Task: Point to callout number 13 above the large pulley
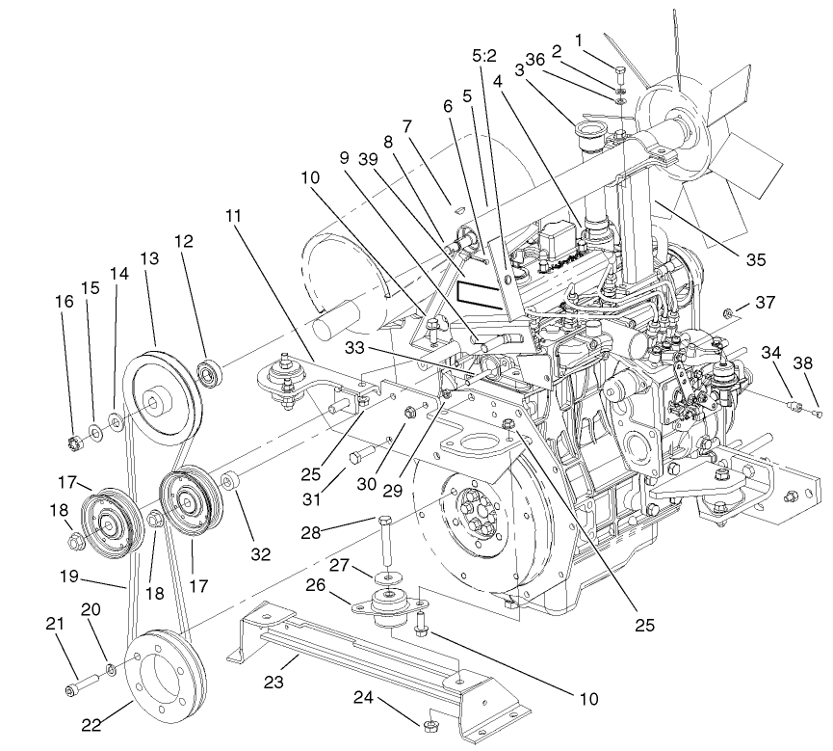[148, 259]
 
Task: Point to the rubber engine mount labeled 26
[388, 605]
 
